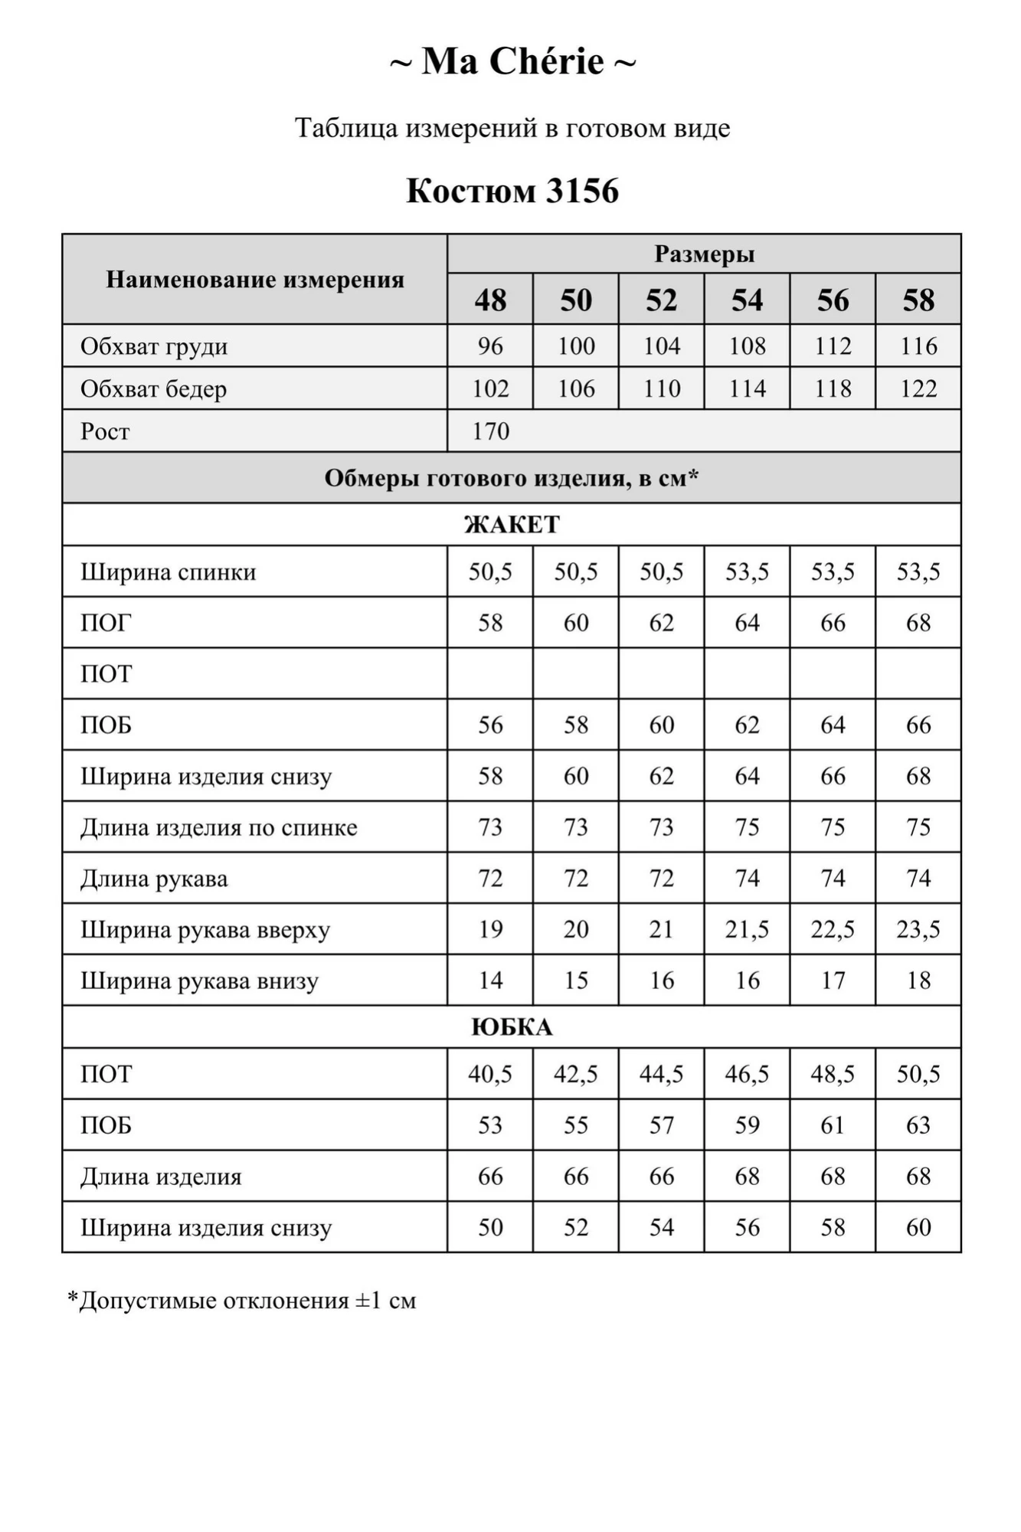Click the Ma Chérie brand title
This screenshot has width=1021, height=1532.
pos(512,61)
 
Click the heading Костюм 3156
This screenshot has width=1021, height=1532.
pos(512,191)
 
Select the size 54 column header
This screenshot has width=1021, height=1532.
pos(747,300)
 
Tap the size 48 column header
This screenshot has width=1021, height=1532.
pos(490,300)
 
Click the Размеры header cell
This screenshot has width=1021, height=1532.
pos(704,254)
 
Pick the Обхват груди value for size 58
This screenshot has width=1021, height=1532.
pos(918,346)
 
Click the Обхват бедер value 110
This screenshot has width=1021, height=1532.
pos(662,389)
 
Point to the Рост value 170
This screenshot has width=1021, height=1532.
pos(490,431)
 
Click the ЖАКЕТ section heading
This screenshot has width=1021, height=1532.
pos(512,525)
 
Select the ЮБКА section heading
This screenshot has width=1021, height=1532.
pos(512,1027)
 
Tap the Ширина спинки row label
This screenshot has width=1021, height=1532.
pos(169,572)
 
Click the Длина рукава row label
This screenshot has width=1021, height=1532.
pos(154,879)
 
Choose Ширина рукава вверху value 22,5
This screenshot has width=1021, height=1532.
pos(833,930)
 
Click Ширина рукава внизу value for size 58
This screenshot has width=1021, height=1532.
pos(918,980)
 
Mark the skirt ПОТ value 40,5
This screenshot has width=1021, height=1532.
pos(490,1074)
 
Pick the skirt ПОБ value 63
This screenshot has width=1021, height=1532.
pos(918,1125)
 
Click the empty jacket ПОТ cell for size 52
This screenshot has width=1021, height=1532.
pos(662,674)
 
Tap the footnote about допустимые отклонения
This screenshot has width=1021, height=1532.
pos(242,1301)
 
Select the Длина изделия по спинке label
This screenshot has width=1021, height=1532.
pos(219,828)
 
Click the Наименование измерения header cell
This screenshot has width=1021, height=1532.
pos(255,280)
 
